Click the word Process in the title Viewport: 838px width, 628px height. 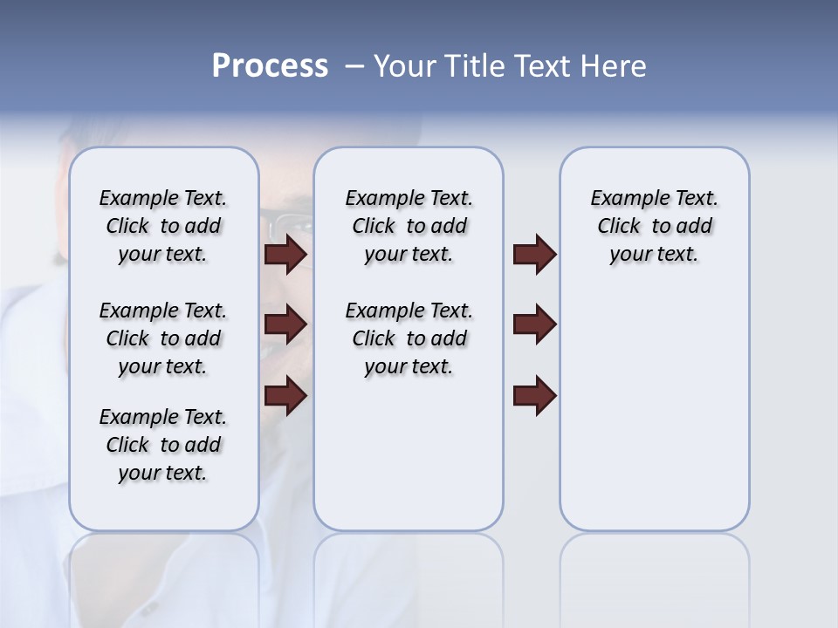270,66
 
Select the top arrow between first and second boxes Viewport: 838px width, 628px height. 285,255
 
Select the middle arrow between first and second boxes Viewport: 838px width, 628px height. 285,324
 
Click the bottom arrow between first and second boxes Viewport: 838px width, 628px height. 285,396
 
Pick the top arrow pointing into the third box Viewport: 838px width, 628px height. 534,255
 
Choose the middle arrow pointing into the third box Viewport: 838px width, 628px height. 534,324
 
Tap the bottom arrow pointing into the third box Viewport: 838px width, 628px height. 534,396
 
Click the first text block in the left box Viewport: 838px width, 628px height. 163,226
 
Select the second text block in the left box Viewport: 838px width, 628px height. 163,338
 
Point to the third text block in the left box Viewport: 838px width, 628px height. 163,445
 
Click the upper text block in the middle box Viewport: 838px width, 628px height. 409,226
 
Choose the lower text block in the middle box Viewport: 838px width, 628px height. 409,338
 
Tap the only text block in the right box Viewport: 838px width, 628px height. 654,226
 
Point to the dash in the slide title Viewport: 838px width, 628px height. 354,67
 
